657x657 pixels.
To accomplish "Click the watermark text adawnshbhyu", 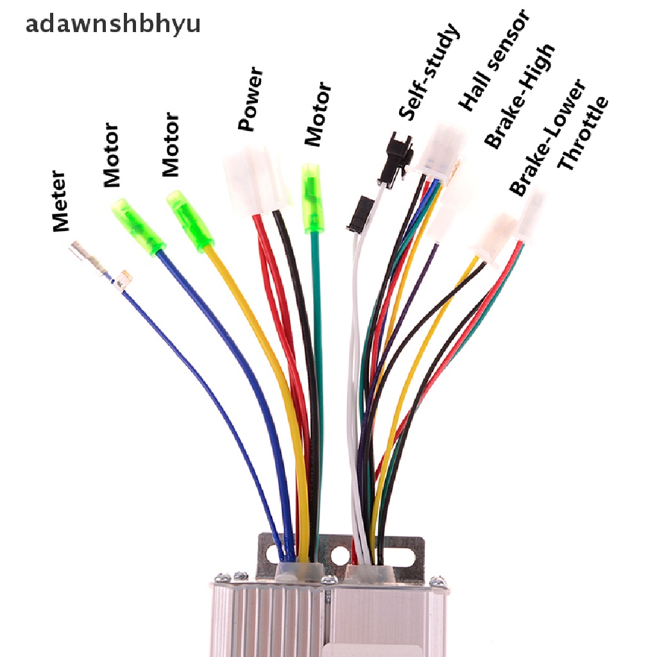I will pos(112,24).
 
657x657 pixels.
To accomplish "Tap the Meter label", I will pos(60,200).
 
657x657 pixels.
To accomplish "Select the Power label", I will pos(251,99).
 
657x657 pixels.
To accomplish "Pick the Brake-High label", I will pos(520,96).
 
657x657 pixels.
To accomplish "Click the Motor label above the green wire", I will pos(318,114).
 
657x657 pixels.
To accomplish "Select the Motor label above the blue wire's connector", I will pos(112,155).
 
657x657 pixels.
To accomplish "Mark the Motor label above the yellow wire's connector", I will pos(170,144).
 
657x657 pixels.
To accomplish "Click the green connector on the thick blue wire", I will pos(137,225).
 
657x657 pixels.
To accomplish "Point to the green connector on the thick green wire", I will pos(313,197).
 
